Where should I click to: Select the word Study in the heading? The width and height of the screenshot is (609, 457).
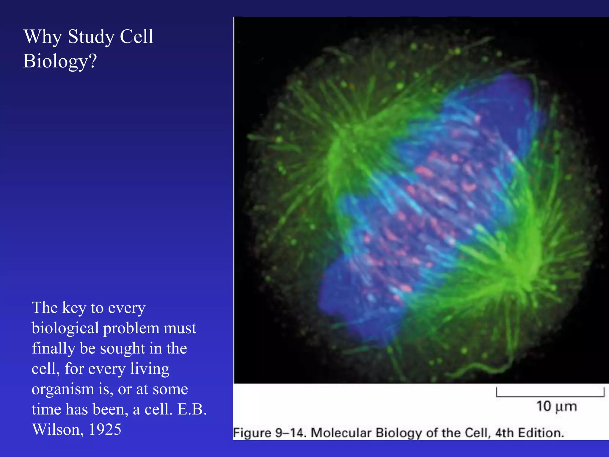[x=91, y=37]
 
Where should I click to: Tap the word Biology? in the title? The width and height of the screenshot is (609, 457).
[x=60, y=61]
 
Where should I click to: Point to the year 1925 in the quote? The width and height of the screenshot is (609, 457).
[x=105, y=430]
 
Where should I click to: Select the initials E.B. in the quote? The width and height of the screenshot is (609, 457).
[x=192, y=409]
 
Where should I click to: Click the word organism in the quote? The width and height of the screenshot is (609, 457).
[x=62, y=389]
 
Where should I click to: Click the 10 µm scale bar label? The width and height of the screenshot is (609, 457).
[x=556, y=406]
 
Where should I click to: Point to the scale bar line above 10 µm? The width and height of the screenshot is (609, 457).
[x=550, y=396]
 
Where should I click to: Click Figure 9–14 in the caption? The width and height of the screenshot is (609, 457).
[x=269, y=433]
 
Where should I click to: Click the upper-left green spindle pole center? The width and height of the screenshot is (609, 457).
[x=345, y=140]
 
